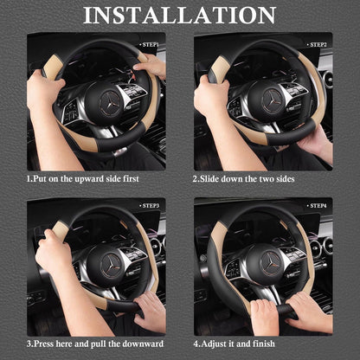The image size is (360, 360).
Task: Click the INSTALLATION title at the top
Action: click(180, 16)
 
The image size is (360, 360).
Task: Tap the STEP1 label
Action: click(151, 43)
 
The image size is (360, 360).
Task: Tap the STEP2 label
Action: click(318, 43)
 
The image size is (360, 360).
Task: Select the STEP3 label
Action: click(151, 206)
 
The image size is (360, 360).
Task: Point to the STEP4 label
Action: click(318, 206)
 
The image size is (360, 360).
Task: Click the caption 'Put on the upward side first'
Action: click(83, 180)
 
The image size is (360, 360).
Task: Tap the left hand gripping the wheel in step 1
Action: click(43, 91)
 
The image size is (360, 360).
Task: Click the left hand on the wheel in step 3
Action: click(52, 251)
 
